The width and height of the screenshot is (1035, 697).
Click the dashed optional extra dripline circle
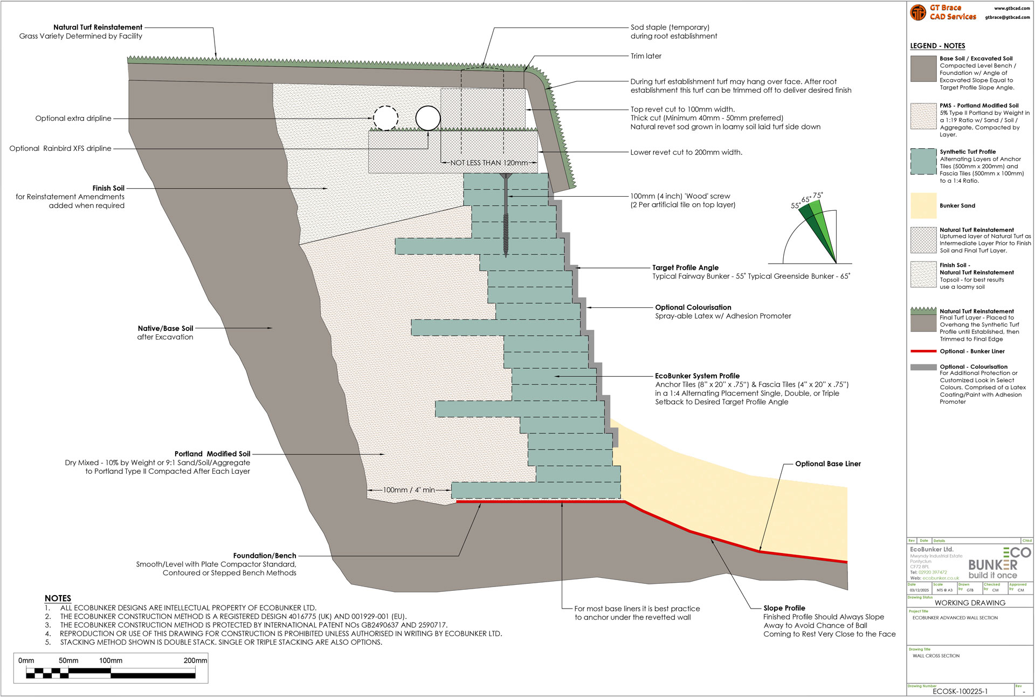tap(385, 118)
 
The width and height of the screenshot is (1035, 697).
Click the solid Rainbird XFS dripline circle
tap(428, 118)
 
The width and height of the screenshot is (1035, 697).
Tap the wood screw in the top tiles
tap(506, 216)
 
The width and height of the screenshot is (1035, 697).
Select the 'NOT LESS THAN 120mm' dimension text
tap(489, 163)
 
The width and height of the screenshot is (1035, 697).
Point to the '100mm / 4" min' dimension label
tap(409, 490)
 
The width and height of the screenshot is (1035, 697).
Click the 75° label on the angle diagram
tap(818, 196)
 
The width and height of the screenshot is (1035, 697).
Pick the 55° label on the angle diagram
tap(796, 205)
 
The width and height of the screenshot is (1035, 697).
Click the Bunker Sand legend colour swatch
tap(923, 205)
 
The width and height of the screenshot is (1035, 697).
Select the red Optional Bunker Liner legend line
tap(923, 351)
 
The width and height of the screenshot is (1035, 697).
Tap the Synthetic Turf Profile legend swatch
tap(923, 161)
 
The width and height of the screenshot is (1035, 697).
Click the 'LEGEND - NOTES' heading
tap(937, 46)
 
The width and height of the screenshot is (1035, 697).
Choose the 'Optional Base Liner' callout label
tap(828, 464)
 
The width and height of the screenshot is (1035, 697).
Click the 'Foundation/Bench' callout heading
tap(265, 555)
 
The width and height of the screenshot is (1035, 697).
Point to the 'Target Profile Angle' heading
tap(685, 267)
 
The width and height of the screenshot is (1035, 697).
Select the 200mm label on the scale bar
tap(195, 660)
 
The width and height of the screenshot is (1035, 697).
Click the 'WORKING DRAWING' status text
tap(970, 603)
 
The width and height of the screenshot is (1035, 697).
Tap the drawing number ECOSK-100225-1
tap(960, 691)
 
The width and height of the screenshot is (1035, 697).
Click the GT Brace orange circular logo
tap(918, 12)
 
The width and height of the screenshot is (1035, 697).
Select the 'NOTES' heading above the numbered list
tap(58, 598)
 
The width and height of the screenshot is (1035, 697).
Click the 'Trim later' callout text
tap(646, 56)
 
